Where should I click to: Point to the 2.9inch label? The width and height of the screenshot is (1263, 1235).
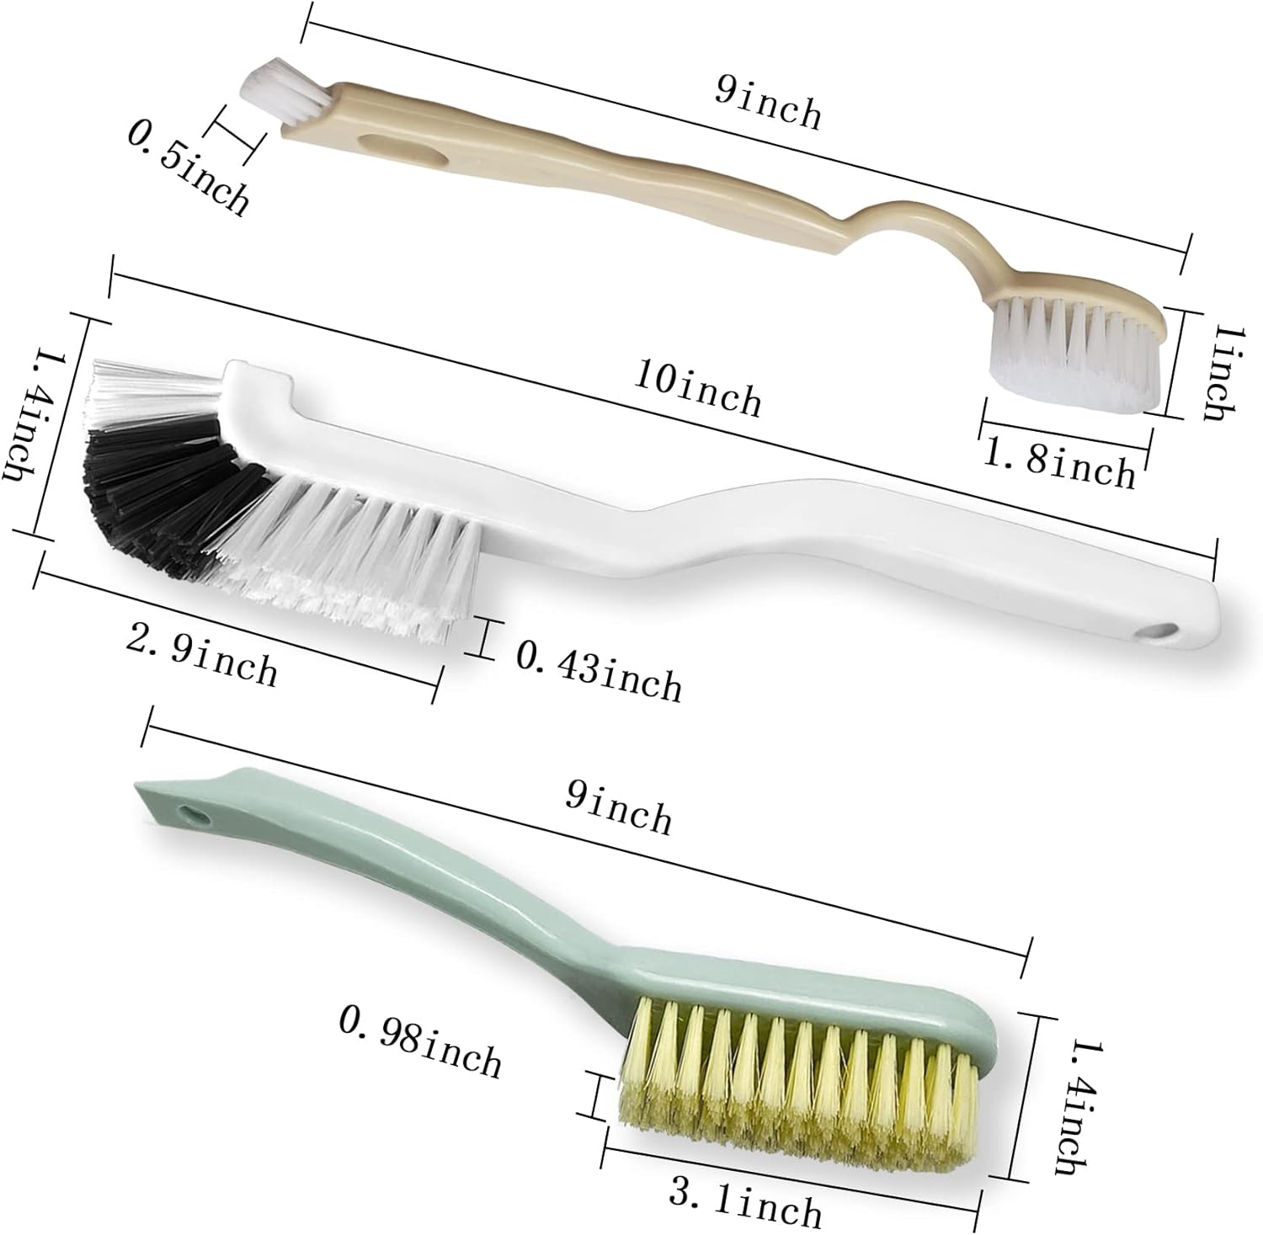point(201,654)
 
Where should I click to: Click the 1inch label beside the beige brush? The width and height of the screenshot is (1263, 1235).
point(1221,374)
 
